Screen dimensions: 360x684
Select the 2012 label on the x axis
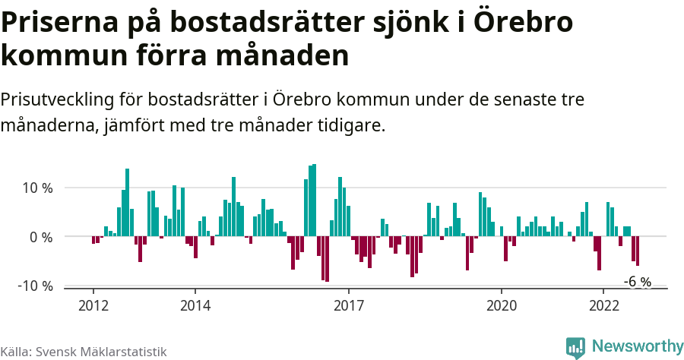[x=93, y=305]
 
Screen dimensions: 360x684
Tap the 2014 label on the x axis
[x=195, y=305]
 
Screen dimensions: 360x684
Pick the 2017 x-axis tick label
[x=349, y=305]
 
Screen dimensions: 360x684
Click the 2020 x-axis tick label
[x=502, y=305]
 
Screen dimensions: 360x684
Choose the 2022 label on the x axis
[x=603, y=305]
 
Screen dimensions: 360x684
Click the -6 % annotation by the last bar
[x=638, y=282]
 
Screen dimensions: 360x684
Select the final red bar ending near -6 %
[x=638, y=251]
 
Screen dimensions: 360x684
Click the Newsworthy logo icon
[x=575, y=347]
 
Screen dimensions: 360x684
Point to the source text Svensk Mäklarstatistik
[x=102, y=352]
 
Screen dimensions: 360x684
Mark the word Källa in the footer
[x=16, y=352]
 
